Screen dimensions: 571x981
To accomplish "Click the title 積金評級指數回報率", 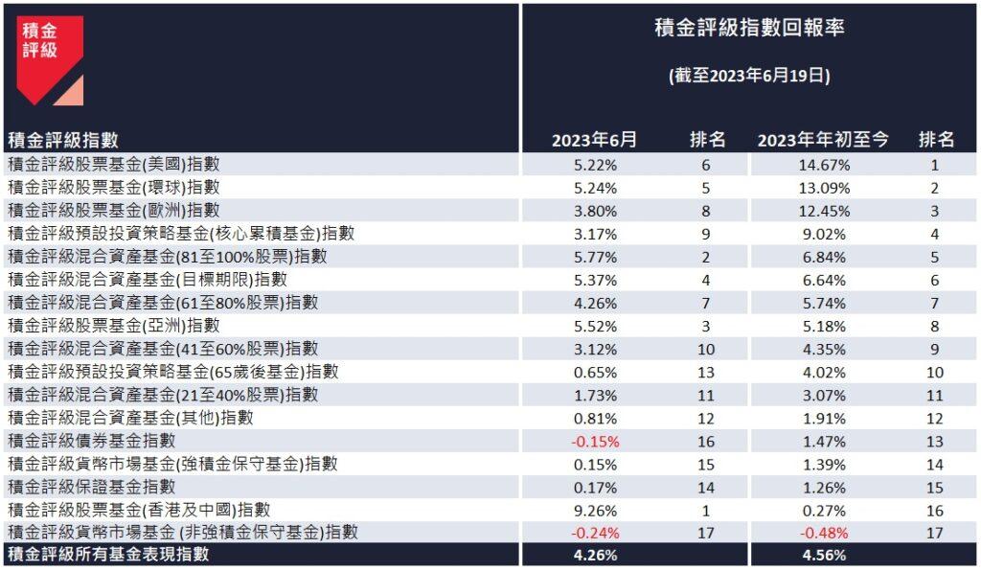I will coord(748,28).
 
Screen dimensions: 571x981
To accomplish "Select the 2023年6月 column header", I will coord(594,140).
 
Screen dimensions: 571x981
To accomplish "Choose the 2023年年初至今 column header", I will coord(823,140).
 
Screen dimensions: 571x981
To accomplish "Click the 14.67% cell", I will coord(823,165).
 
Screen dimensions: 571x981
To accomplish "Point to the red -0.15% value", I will coord(595,441).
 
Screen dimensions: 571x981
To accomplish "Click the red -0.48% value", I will coord(823,533).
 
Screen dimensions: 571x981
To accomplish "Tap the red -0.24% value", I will coord(595,533).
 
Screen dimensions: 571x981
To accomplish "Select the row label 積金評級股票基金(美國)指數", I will coord(113,165).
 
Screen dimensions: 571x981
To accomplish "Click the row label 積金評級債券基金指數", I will coord(91,441).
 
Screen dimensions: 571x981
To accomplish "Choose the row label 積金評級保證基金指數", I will coord(91,487).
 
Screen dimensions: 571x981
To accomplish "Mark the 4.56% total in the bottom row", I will coord(823,555).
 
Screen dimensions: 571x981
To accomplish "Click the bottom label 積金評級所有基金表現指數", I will coord(107,555).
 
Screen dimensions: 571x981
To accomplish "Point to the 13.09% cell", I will coord(823,188).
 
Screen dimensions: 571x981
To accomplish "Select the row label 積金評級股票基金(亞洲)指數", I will coord(113,326).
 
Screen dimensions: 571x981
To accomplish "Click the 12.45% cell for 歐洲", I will coord(823,211).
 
